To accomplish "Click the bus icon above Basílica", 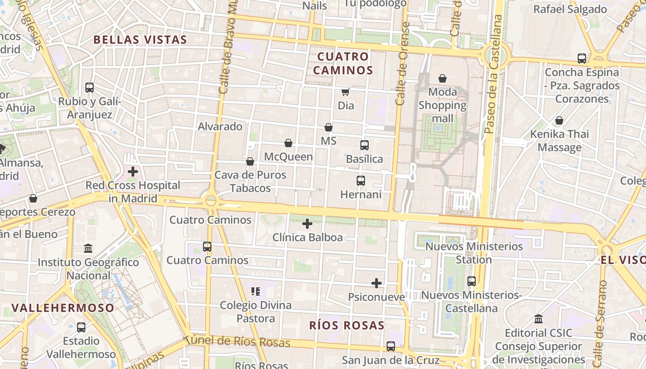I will coord(365,145).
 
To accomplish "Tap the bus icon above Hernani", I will coord(361,181).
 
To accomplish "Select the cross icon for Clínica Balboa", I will coord(307,224).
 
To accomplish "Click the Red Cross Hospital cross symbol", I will coord(133,172).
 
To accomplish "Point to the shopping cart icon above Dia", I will coord(345,92).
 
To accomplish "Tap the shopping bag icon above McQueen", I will coord(288,143).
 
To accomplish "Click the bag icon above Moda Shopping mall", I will coord(443,78).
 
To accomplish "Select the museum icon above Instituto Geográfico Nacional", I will coord(88,249).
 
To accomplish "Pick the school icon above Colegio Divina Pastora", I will coord(256,292).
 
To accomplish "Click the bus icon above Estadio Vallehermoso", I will coord(81,327).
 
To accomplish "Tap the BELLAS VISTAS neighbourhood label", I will coord(140,40).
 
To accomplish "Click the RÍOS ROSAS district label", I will coord(347,325).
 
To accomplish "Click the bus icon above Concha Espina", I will coord(582,59).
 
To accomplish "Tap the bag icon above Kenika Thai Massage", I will coord(559,120).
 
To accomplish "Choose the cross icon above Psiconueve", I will coord(377,283).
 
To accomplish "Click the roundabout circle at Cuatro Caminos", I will coord(211,201).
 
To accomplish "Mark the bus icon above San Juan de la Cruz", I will coord(391,346).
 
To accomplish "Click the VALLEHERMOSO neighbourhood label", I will coord(63,308).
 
